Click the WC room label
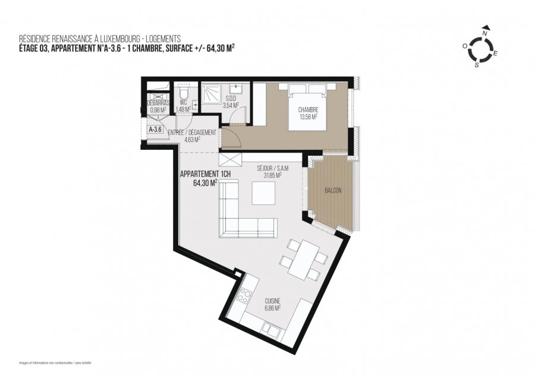coord(183,102)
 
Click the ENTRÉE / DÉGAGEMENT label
coord(191,133)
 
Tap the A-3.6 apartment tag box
coord(155,128)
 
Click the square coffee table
coord(263,193)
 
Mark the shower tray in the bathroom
coord(212,93)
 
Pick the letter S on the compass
coord(477,65)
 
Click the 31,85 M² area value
coord(269,175)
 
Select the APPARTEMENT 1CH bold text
coord(202,175)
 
